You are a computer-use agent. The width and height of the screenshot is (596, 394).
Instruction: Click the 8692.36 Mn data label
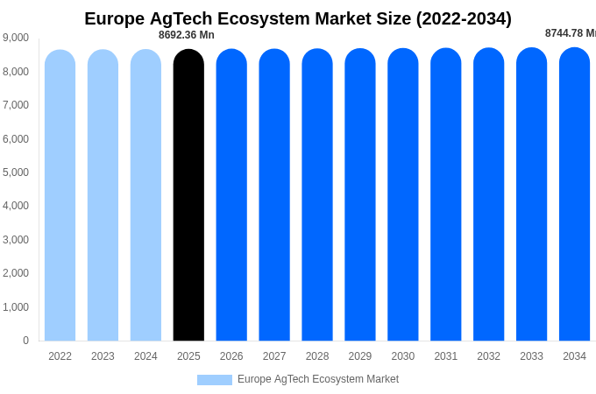(x=186, y=35)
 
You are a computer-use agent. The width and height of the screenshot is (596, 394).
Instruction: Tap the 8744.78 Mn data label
(x=571, y=33)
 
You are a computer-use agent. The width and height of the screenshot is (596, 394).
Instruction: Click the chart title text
(x=298, y=18)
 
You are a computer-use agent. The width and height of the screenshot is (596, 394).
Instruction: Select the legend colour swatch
(x=214, y=380)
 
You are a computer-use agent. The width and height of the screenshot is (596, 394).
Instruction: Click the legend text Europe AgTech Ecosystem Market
(x=318, y=379)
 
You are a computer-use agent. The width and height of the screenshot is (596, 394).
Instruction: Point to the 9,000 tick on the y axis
(x=16, y=38)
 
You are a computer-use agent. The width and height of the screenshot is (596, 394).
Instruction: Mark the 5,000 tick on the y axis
(x=16, y=172)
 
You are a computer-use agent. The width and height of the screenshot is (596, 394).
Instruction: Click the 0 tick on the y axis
(x=25, y=341)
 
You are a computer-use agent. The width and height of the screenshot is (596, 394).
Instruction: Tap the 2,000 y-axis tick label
(x=16, y=273)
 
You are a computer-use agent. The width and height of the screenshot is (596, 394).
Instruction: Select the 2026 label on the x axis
(x=231, y=356)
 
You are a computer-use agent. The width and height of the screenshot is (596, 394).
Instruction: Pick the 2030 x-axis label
(x=403, y=356)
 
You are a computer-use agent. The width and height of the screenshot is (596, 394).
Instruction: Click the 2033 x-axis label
(x=531, y=356)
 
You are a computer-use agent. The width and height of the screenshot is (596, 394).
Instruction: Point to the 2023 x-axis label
(x=103, y=356)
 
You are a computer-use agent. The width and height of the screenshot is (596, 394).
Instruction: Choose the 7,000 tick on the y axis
(x=16, y=105)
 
